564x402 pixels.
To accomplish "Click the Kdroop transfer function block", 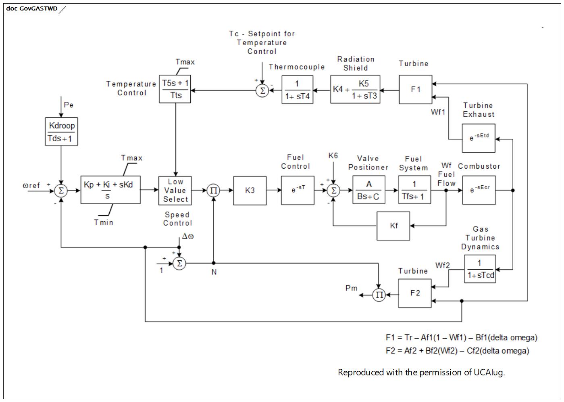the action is (61, 132).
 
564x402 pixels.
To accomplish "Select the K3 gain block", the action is (250, 191).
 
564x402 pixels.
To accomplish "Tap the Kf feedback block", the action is (393, 226).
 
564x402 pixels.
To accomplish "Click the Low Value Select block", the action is (175, 191).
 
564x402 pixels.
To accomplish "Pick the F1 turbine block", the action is (416, 90).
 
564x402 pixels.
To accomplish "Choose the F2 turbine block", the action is (415, 293).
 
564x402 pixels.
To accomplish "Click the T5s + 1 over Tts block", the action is (175, 89).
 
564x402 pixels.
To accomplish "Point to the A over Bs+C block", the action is (369, 190).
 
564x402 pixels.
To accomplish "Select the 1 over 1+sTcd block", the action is (480, 269).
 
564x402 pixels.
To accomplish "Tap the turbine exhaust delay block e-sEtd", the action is (479, 138).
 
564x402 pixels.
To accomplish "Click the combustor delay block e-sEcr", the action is (479, 190).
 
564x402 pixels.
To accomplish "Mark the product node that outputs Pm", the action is (379, 295).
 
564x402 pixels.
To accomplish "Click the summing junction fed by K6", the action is (333, 191).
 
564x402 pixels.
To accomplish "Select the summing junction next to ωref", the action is (61, 191).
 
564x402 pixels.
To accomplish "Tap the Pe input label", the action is (69, 105).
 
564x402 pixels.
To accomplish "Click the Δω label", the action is (188, 237).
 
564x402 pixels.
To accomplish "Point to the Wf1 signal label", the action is (438, 112).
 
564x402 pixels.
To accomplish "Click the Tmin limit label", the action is (104, 222).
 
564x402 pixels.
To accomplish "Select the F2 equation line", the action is (457, 351).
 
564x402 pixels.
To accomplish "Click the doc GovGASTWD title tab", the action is (32, 8).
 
